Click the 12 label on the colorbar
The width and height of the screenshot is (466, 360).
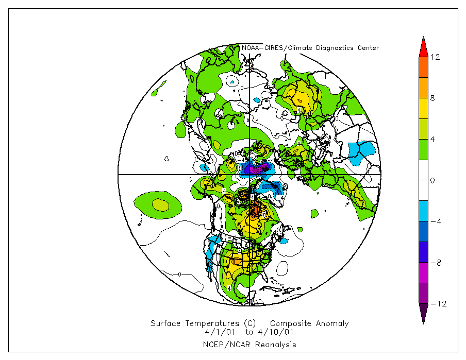435,57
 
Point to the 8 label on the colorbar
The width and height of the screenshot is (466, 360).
433,98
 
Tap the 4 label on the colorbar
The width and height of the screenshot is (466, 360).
433,139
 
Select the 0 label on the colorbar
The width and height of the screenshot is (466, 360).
433,180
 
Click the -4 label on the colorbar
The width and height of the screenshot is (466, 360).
435,221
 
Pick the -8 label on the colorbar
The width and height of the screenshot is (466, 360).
435,263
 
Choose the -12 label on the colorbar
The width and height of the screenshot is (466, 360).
437,304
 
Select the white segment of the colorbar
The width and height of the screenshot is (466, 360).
423,170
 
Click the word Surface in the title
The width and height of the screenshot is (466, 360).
165,323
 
